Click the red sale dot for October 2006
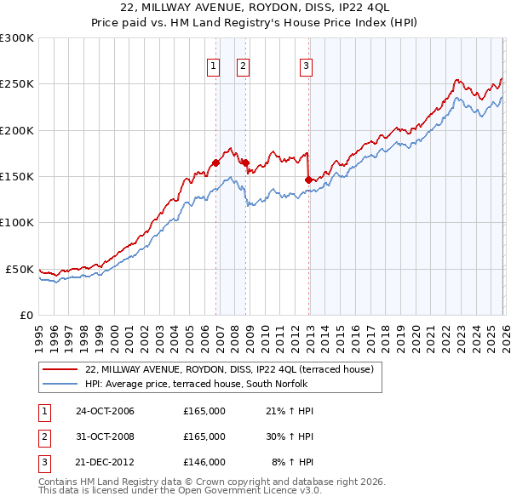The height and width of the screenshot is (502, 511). (216, 163)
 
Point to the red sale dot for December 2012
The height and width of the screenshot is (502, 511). (308, 180)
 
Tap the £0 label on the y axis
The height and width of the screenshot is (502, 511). (26, 315)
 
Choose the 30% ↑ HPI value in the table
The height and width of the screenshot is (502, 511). (290, 436)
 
